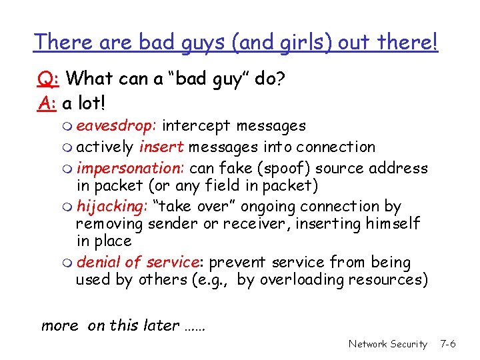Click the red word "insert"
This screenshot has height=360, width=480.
[x=157, y=147]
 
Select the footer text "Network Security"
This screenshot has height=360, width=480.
[x=387, y=344]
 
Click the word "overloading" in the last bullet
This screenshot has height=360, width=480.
[x=301, y=279]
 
